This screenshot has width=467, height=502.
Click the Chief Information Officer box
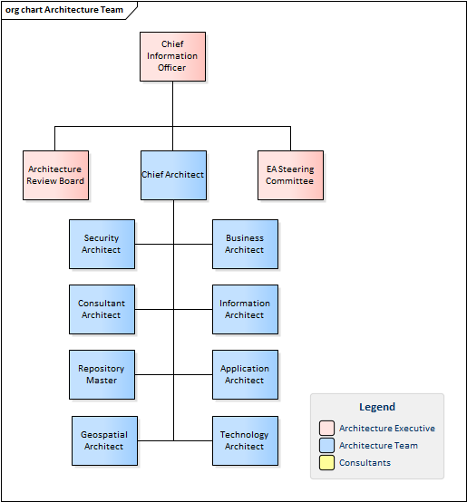[x=172, y=56]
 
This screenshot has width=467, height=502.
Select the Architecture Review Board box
[x=55, y=175]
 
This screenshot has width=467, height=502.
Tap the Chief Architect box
[x=173, y=175]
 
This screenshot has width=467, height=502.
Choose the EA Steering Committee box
[x=290, y=175]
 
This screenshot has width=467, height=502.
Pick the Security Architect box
[x=102, y=244]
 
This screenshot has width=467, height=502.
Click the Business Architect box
[x=245, y=244]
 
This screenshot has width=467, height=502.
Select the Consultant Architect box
[x=102, y=309]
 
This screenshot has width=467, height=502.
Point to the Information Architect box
[x=245, y=309]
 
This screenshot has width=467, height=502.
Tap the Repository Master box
[x=102, y=374]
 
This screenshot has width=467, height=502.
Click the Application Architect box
[x=245, y=374]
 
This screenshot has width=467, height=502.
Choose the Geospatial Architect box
[x=105, y=441]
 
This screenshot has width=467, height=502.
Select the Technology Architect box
[x=245, y=441]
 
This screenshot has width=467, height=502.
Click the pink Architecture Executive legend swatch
[x=326, y=428]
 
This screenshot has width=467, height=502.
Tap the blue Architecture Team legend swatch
[x=326, y=445]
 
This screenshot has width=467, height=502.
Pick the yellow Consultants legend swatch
[x=326, y=463]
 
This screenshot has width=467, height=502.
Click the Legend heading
[x=377, y=407]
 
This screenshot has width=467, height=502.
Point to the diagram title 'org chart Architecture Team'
[x=64, y=10]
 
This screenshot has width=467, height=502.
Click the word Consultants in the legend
[x=365, y=463]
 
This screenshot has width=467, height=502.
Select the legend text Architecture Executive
[x=387, y=428]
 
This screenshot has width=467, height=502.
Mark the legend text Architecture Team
[x=378, y=445]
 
